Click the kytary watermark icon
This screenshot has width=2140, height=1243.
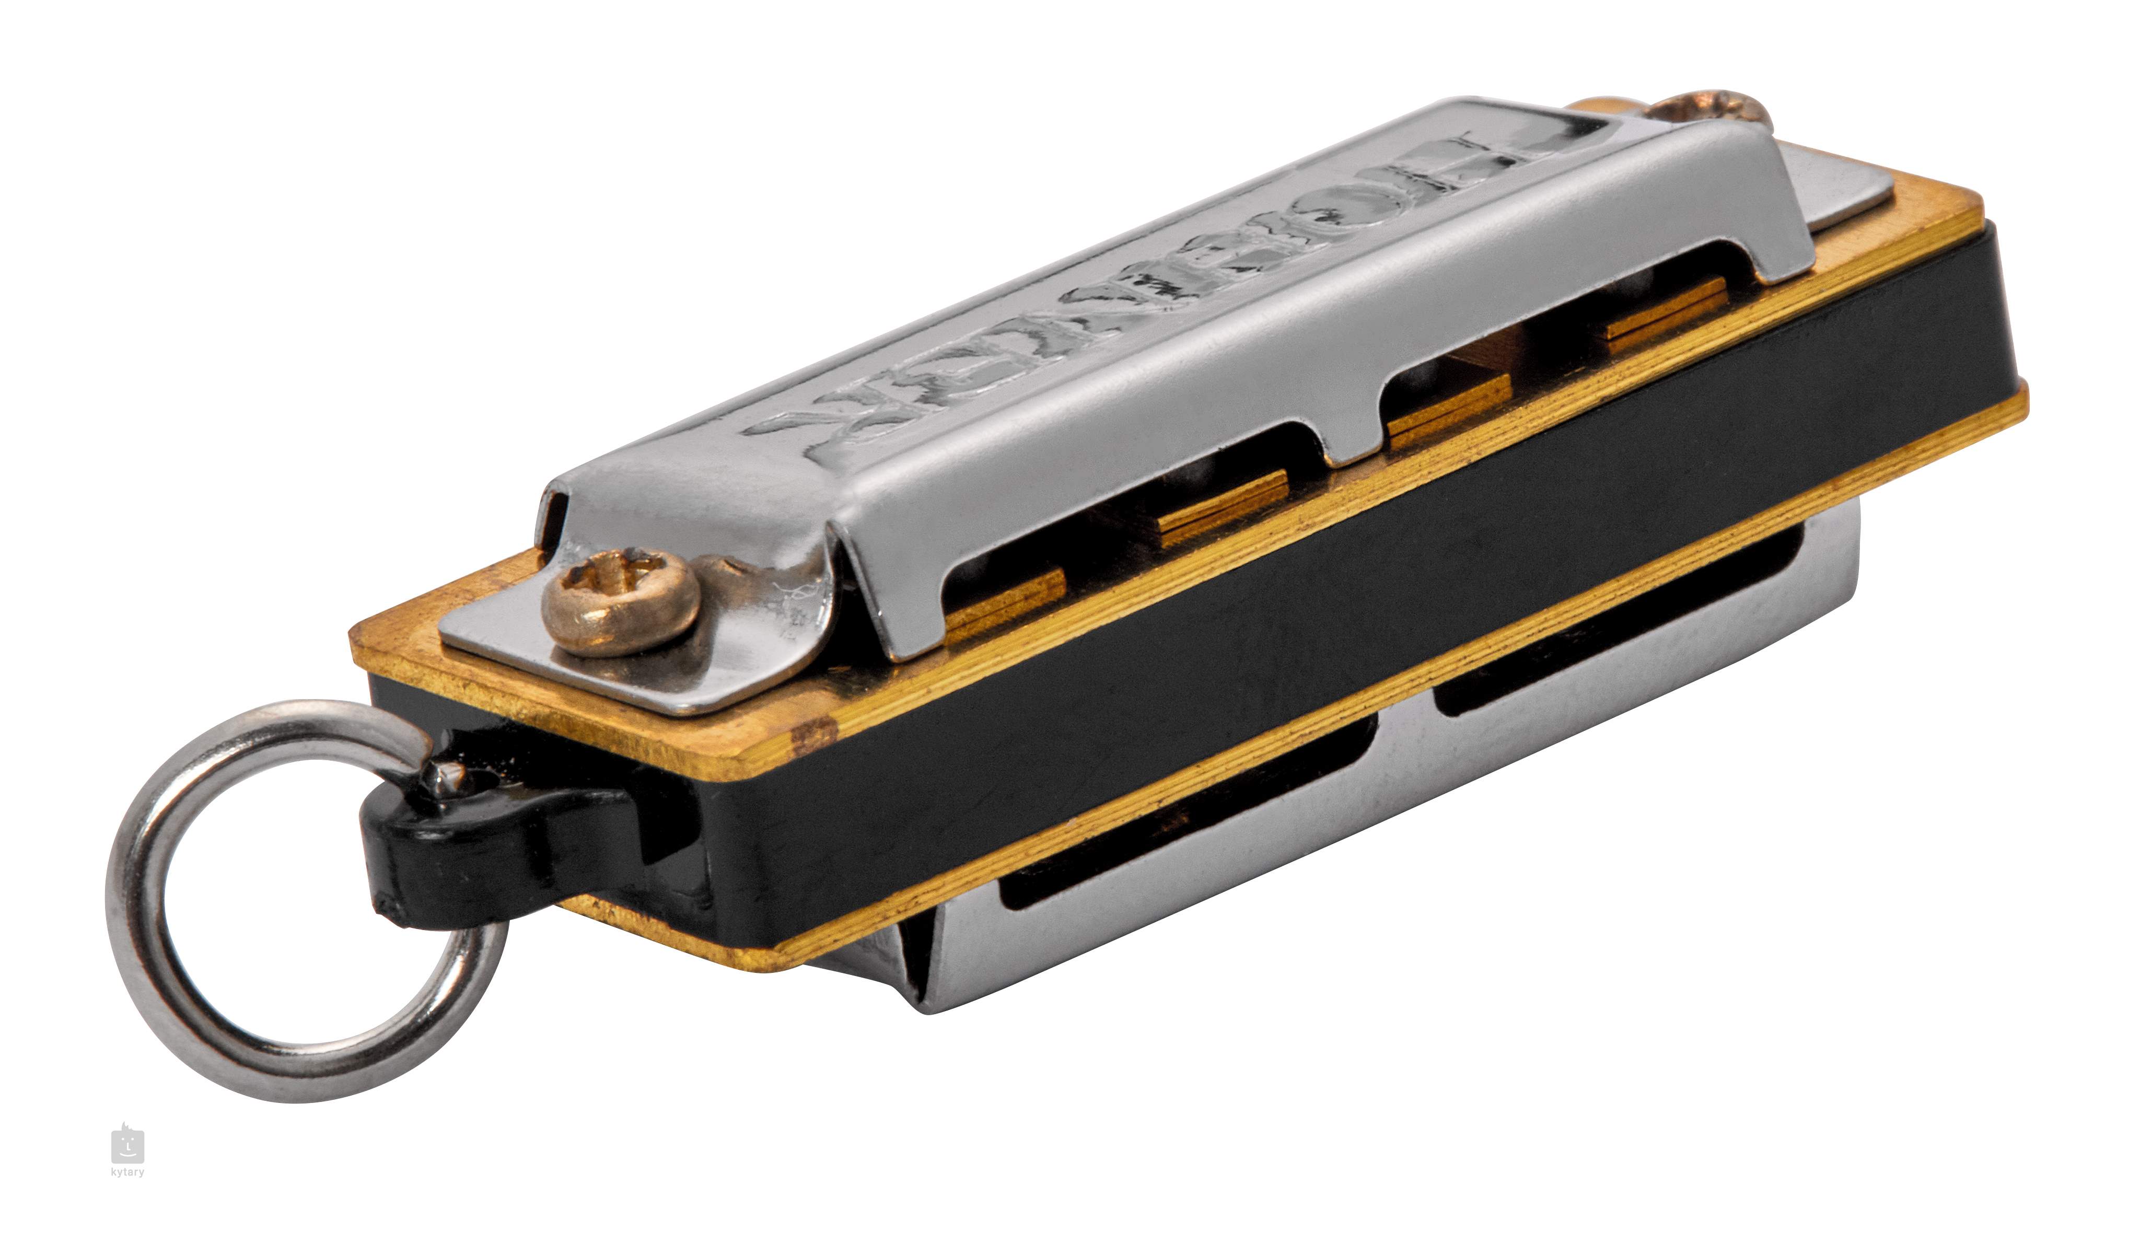pyautogui.click(x=127, y=1146)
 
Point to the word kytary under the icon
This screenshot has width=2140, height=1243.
pyautogui.click(x=127, y=1172)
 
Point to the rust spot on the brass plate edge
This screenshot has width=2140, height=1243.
pyautogui.click(x=813, y=735)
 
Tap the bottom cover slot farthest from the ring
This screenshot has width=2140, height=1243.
pyautogui.click(x=1613, y=628)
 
